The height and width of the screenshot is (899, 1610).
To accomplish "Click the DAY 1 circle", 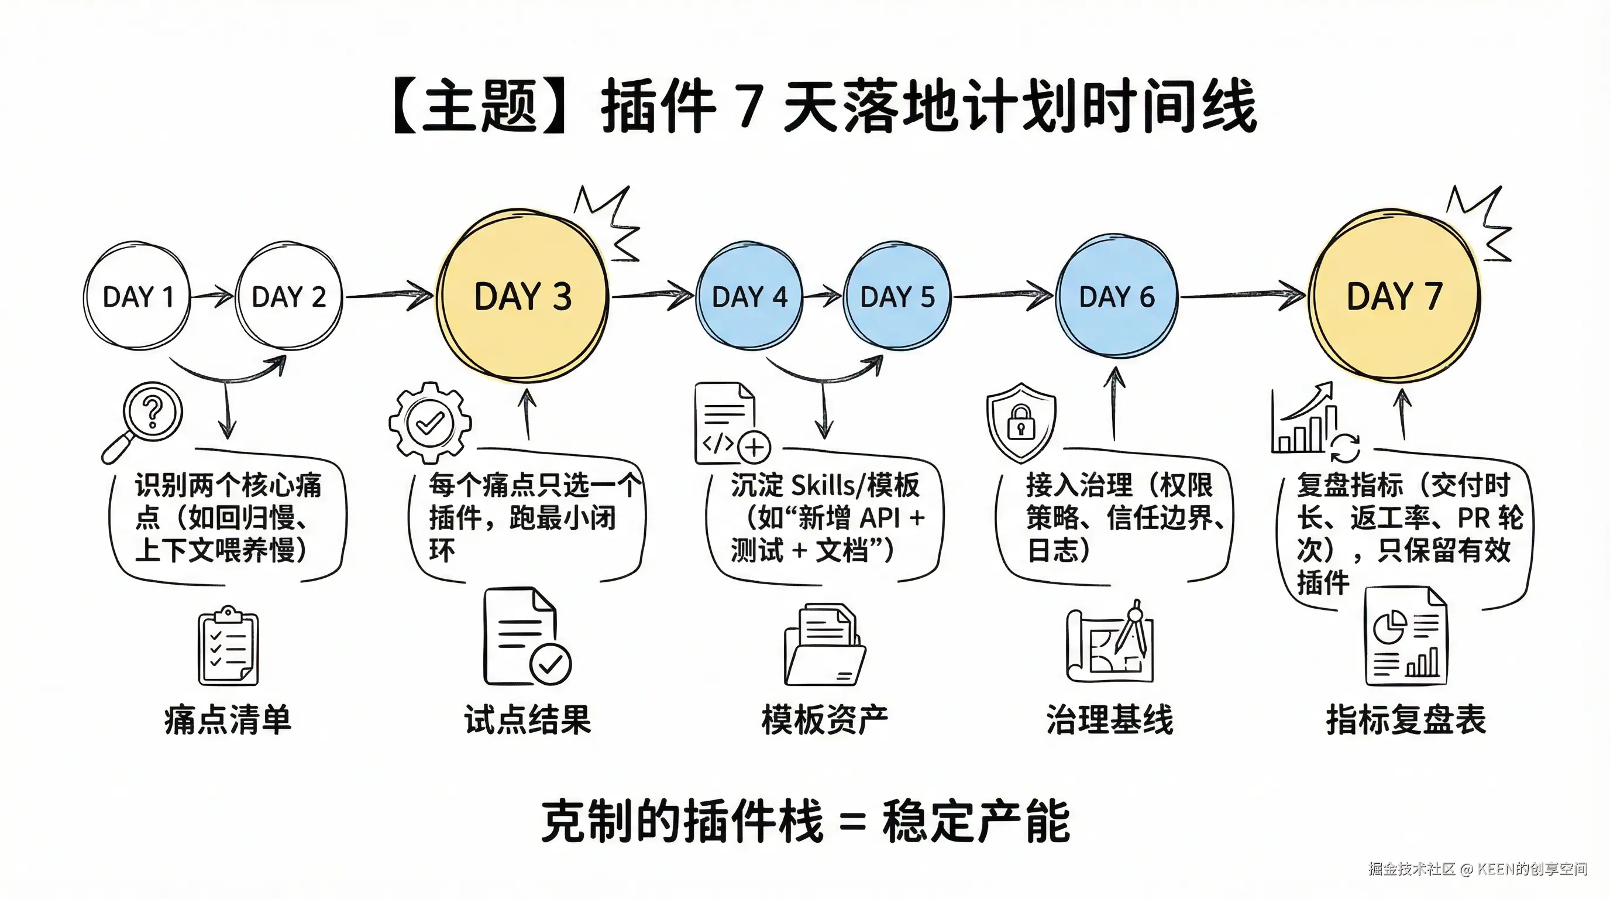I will click(x=137, y=296).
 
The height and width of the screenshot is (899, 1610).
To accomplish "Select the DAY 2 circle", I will click(x=289, y=296).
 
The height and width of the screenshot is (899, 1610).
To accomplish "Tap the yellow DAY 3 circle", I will click(x=523, y=296).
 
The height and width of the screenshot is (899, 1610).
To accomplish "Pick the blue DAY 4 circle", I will click(x=749, y=296).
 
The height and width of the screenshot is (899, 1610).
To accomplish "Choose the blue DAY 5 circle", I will click(x=897, y=296).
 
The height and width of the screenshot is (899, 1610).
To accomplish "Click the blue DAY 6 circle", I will click(x=1116, y=296).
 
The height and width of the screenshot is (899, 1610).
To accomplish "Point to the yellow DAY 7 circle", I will click(x=1394, y=296).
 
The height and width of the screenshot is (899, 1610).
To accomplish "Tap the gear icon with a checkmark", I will click(x=430, y=423).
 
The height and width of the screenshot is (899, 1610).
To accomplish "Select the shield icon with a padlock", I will click(x=1021, y=422).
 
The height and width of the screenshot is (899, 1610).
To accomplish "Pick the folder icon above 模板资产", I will click(x=824, y=645).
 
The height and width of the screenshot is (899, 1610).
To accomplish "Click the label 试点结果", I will click(x=528, y=719).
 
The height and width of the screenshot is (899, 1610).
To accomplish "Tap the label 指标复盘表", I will click(x=1406, y=719).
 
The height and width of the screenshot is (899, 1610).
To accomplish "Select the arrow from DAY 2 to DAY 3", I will click(x=388, y=295).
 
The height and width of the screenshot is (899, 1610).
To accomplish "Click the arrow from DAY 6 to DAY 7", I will click(x=1241, y=295).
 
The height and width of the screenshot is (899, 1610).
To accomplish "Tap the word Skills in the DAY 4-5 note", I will click(x=822, y=485).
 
